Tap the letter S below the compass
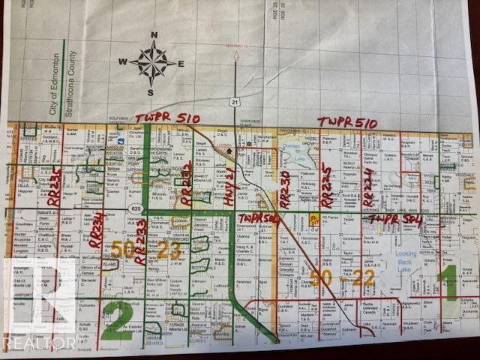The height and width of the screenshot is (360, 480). [x=150, y=92]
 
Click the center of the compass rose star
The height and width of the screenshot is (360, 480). [x=153, y=63]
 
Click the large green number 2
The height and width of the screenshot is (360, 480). [x=117, y=320]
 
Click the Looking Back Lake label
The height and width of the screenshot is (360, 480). [x=405, y=258]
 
